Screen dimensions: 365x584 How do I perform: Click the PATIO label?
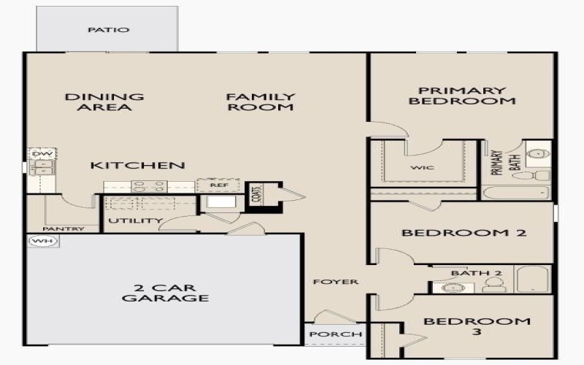point(109,30)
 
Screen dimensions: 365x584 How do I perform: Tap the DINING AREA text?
point(104,101)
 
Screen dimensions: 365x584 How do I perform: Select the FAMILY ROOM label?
point(261,101)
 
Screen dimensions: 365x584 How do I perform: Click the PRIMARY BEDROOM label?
point(461,96)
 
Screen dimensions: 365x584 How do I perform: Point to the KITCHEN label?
point(137,166)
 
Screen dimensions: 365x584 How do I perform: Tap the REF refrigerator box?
point(220,185)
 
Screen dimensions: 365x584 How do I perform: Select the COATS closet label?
point(255,195)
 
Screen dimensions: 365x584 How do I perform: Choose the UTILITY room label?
point(135,220)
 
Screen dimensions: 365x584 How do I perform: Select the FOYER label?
point(336,282)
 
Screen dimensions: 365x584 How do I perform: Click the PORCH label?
point(336,334)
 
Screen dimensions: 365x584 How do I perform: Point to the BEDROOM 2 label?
point(454,234)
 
